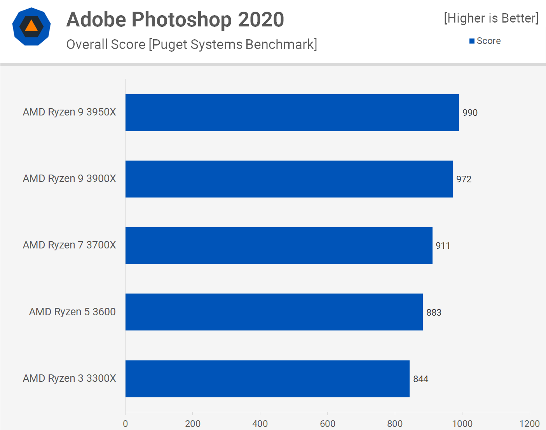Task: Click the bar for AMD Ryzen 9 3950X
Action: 292,112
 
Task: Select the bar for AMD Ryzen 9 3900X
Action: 289,179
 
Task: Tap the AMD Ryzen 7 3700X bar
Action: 279,245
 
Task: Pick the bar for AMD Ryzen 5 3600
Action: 274,312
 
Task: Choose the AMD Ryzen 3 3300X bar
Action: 267,379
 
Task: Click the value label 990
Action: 470,113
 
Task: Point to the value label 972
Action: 464,179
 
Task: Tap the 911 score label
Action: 443,246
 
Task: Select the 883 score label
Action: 434,313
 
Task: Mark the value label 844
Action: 420,379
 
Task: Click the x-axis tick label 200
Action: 193,424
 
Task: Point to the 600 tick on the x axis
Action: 328,424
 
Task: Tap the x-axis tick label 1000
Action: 462,424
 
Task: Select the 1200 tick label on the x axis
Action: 529,424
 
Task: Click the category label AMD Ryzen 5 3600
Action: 72,312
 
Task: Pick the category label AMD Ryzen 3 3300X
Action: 70,378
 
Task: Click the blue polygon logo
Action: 31,26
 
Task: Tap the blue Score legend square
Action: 472,41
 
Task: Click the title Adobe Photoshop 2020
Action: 175,19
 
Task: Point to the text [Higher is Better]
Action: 491,18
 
